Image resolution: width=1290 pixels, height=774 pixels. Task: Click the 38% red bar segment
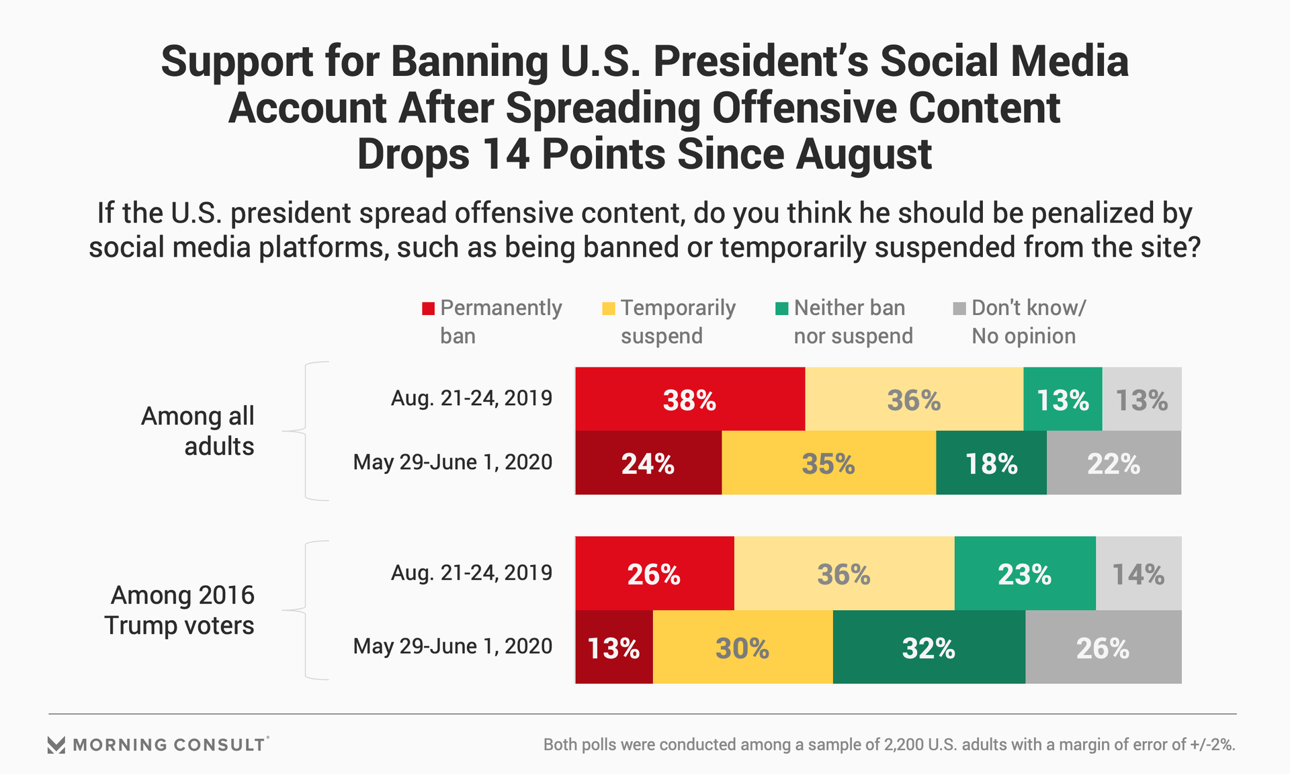coord(690,399)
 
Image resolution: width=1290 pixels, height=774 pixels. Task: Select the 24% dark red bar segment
coord(648,463)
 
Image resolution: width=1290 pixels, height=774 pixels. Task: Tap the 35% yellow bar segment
coord(828,463)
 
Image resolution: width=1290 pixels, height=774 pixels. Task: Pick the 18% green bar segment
coord(991,463)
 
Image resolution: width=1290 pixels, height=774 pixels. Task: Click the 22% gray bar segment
coord(1113,463)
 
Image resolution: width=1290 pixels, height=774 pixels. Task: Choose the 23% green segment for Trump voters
coord(1025,573)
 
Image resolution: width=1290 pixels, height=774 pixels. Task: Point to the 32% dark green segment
coord(929,647)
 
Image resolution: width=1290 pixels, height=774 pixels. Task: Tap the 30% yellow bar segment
coord(742,647)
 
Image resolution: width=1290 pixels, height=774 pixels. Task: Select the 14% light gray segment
coord(1138,573)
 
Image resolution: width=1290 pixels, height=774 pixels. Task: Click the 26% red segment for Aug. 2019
coord(654,573)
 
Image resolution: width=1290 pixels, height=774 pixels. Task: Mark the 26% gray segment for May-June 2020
coord(1103,647)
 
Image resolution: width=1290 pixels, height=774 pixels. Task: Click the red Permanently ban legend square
coord(428,309)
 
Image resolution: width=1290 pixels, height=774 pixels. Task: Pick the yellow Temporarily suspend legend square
coord(608,309)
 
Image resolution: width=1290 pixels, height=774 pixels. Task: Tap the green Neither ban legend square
coord(781,309)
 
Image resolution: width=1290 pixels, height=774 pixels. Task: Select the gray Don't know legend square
coord(959,309)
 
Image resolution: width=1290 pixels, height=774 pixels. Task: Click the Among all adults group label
coord(198,431)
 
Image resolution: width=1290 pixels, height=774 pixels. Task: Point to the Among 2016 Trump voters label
coord(180,610)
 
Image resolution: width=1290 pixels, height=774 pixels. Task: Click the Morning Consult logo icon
coord(56,744)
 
